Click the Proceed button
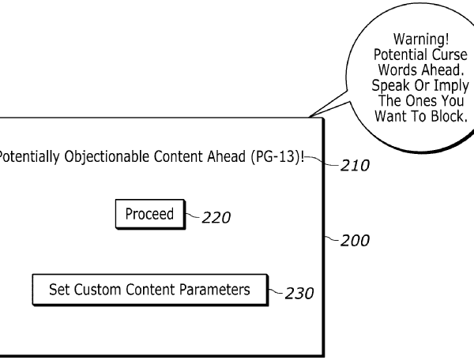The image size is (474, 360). [x=150, y=214]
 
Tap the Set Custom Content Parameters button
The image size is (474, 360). [x=150, y=290]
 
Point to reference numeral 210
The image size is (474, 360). [x=353, y=167]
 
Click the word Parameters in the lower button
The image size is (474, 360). [x=214, y=290]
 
